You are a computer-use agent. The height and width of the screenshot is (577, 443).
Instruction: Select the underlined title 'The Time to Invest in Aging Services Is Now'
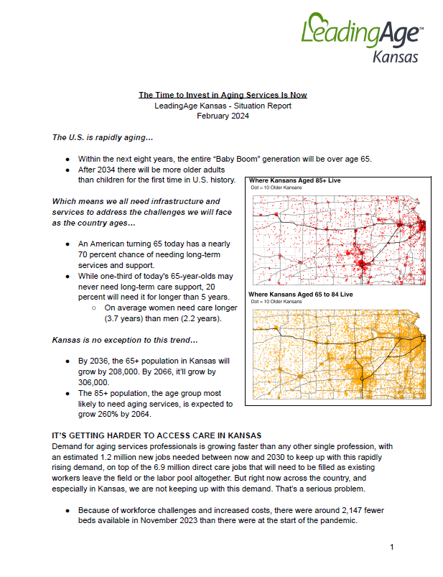click(222, 95)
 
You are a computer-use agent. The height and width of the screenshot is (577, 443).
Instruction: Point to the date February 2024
click(222, 116)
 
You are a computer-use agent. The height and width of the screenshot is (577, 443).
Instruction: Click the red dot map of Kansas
click(337, 236)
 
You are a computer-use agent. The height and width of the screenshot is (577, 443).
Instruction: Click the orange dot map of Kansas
click(337, 354)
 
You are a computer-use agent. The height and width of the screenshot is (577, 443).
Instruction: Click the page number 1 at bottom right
click(392, 548)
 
